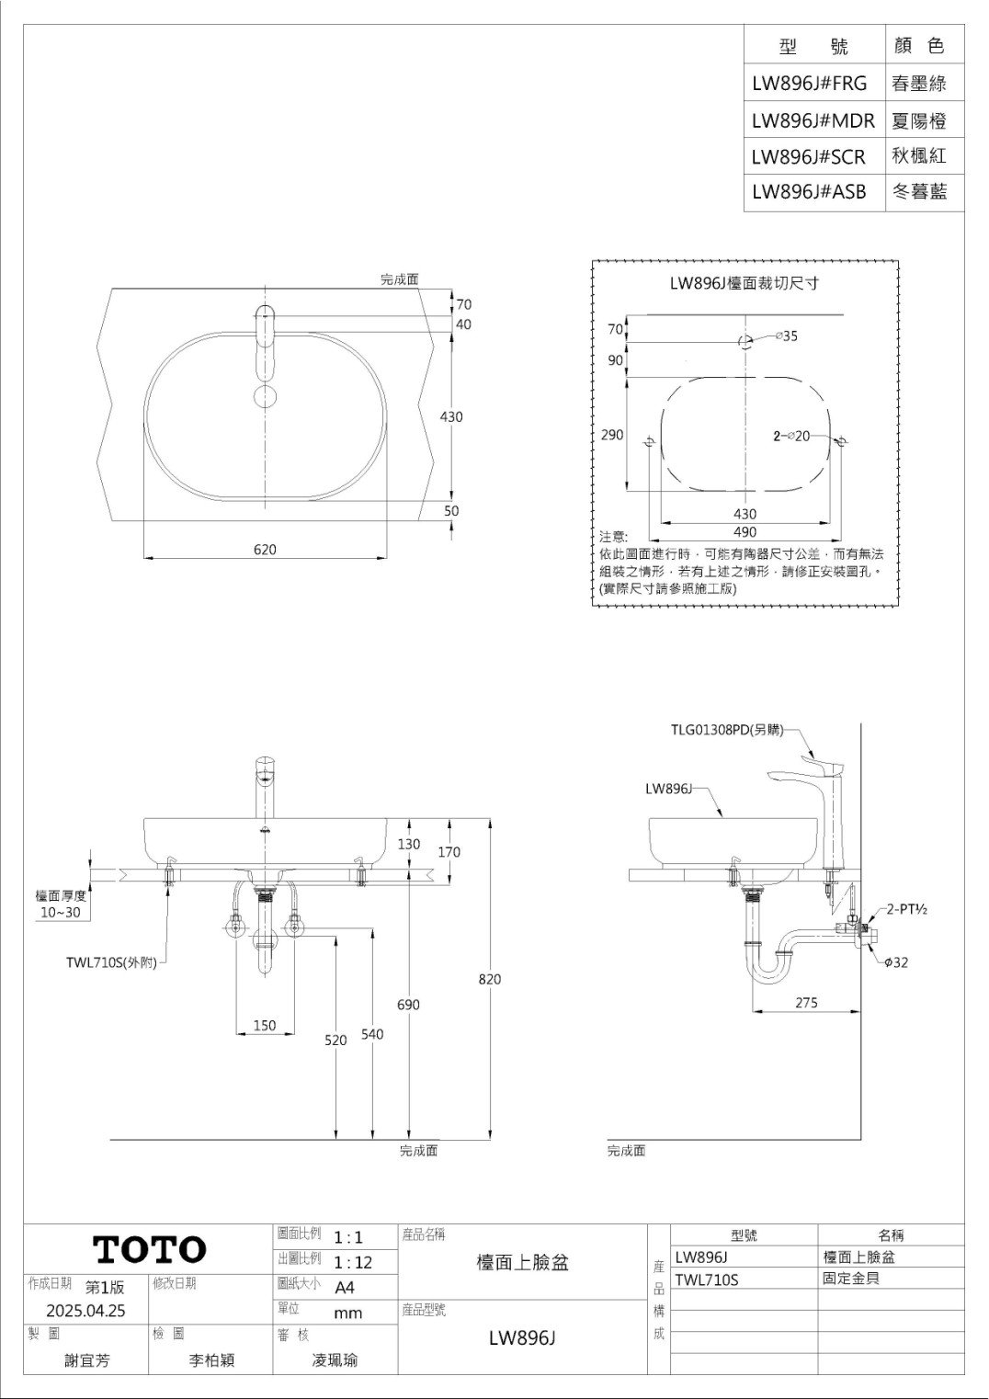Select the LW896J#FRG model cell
(809, 83)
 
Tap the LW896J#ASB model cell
(809, 191)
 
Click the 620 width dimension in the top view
(265, 549)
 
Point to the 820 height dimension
(490, 979)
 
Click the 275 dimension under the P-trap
(806, 1003)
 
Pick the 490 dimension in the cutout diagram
(745, 531)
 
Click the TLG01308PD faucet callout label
(727, 730)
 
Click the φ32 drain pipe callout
(896, 961)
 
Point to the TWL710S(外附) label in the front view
(111, 961)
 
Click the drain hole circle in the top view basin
(266, 396)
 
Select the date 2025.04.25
(85, 1311)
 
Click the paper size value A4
(345, 1287)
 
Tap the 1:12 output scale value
(353, 1262)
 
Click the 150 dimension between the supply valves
(265, 1025)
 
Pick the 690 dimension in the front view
(408, 1005)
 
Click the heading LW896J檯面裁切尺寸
(745, 283)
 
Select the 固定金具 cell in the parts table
(851, 1278)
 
